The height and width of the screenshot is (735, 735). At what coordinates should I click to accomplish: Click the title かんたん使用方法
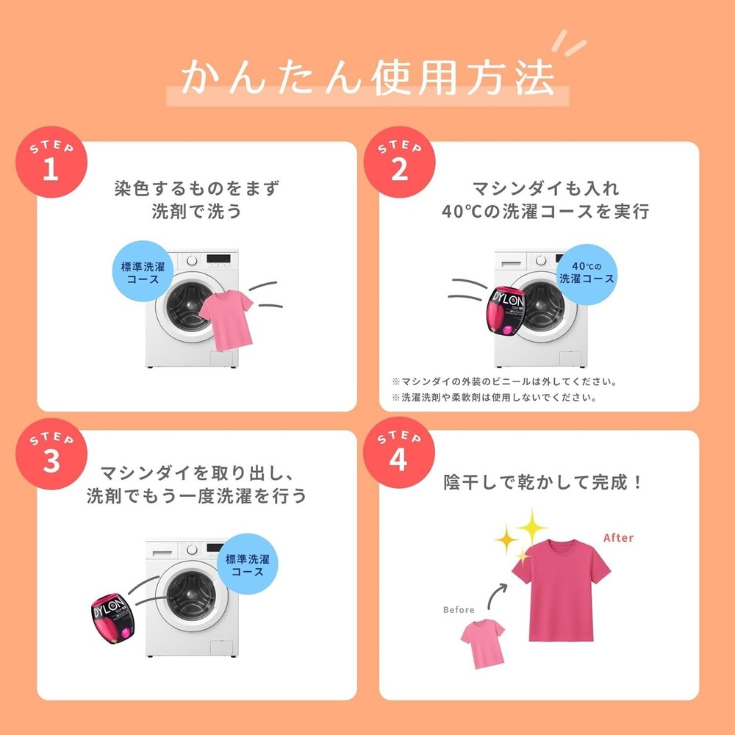pos(368,78)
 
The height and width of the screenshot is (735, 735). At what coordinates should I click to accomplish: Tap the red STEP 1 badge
pos(51,162)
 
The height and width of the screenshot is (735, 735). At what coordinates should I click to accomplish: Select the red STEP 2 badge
pos(399,162)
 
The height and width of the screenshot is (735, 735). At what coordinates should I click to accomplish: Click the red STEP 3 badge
pos(51,453)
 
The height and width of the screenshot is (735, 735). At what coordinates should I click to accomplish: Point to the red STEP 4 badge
pos(399,452)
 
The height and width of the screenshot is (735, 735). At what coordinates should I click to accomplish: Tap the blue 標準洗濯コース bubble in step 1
pos(143,271)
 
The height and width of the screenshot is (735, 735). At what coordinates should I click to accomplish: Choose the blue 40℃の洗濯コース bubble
pos(587,274)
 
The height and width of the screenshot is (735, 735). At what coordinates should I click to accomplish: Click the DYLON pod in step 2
pos(506,310)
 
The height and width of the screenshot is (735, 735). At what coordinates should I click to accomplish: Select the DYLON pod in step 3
pos(112,618)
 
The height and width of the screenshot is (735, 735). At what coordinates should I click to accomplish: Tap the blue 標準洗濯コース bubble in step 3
pos(248,564)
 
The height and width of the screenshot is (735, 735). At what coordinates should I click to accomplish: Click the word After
pos(618,538)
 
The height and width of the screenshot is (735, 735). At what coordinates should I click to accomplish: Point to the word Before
pos(459,609)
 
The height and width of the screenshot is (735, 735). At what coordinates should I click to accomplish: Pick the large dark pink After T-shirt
pos(561,591)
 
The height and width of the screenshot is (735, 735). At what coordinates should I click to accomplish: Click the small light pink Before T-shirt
pos(483,643)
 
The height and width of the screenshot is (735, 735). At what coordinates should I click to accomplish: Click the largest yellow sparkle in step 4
pos(531,526)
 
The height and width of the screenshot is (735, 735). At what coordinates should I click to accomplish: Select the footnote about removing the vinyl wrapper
pos(504,381)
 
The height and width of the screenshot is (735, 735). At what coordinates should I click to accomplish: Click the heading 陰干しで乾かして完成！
pos(543,482)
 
